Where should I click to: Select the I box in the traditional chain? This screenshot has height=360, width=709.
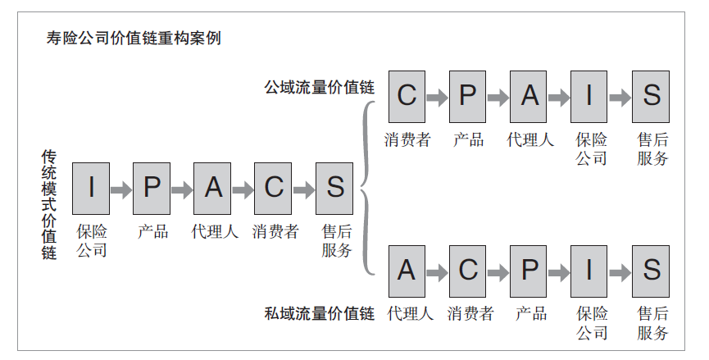point(91,188)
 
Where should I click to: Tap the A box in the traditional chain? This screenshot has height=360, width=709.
point(213,188)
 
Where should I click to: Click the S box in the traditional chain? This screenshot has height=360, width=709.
point(335,188)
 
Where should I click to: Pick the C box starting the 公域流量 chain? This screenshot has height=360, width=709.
point(407,96)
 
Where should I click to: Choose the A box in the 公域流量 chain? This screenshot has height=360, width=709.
point(529,96)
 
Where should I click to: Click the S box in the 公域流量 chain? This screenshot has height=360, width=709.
point(652,96)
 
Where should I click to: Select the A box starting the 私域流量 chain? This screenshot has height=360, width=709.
point(407,270)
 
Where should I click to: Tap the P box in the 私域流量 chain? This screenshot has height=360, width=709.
point(529,270)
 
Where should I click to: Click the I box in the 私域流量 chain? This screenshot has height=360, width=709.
point(590,270)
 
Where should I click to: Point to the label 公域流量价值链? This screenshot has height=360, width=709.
point(319,87)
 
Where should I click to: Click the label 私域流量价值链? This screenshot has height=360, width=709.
point(319,313)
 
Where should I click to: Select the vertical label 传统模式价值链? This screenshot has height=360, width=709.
point(49,204)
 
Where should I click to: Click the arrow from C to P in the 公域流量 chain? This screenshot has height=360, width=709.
point(437,97)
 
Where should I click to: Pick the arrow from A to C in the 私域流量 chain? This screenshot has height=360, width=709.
point(437,271)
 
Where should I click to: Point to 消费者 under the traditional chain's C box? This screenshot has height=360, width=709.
point(275,232)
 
